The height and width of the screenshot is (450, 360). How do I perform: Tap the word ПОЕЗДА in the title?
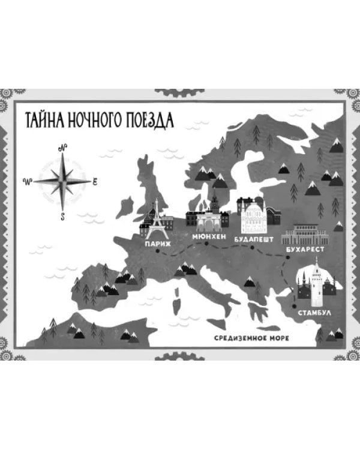click(146, 119)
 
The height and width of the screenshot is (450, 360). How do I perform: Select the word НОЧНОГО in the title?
click(95, 119)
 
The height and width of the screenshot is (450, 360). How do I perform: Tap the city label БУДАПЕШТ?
click(254, 238)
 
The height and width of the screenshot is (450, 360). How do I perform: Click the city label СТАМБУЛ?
click(313, 313)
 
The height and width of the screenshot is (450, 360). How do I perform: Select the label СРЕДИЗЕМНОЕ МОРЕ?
click(251, 338)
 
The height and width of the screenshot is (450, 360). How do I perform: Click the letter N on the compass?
click(62, 148)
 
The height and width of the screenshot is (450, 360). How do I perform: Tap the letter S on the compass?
click(62, 217)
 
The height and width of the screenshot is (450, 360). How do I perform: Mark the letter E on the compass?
click(95, 181)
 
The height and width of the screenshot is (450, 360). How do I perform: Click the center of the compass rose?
click(62, 181)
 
